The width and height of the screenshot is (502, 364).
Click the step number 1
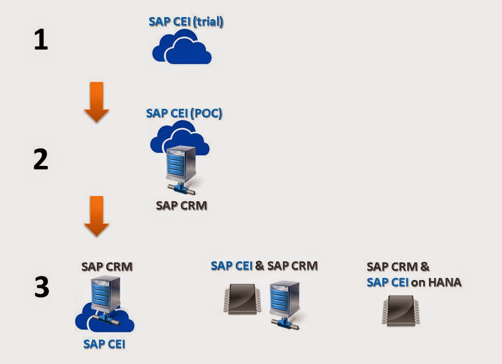click(41, 40)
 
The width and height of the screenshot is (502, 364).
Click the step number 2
click(41, 159)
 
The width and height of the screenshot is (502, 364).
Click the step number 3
click(42, 287)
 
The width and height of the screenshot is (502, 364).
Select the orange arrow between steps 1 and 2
click(96, 102)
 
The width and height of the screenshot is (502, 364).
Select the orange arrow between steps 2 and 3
click(96, 216)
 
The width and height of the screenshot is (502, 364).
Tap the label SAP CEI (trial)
click(186, 22)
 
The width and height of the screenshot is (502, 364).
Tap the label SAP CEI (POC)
click(184, 113)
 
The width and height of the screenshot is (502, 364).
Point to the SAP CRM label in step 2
click(181, 205)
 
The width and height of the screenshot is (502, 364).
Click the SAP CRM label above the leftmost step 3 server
click(107, 267)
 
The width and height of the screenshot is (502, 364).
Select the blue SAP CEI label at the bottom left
click(104, 344)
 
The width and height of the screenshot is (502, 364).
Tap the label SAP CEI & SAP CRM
click(264, 266)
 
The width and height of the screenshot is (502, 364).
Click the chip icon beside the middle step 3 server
click(242, 299)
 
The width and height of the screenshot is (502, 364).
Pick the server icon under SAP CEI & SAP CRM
click(285, 303)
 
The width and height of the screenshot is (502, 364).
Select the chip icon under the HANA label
click(401, 310)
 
